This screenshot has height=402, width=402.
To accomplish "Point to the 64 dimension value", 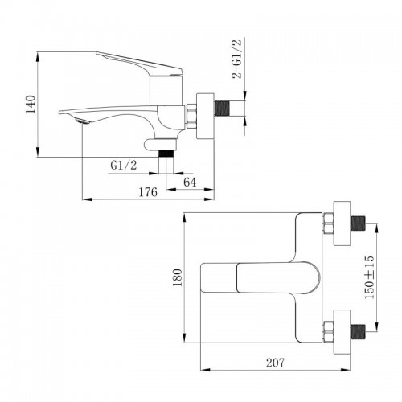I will pos(189,182).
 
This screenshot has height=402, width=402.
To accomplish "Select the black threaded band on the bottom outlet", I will pos(166,151).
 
